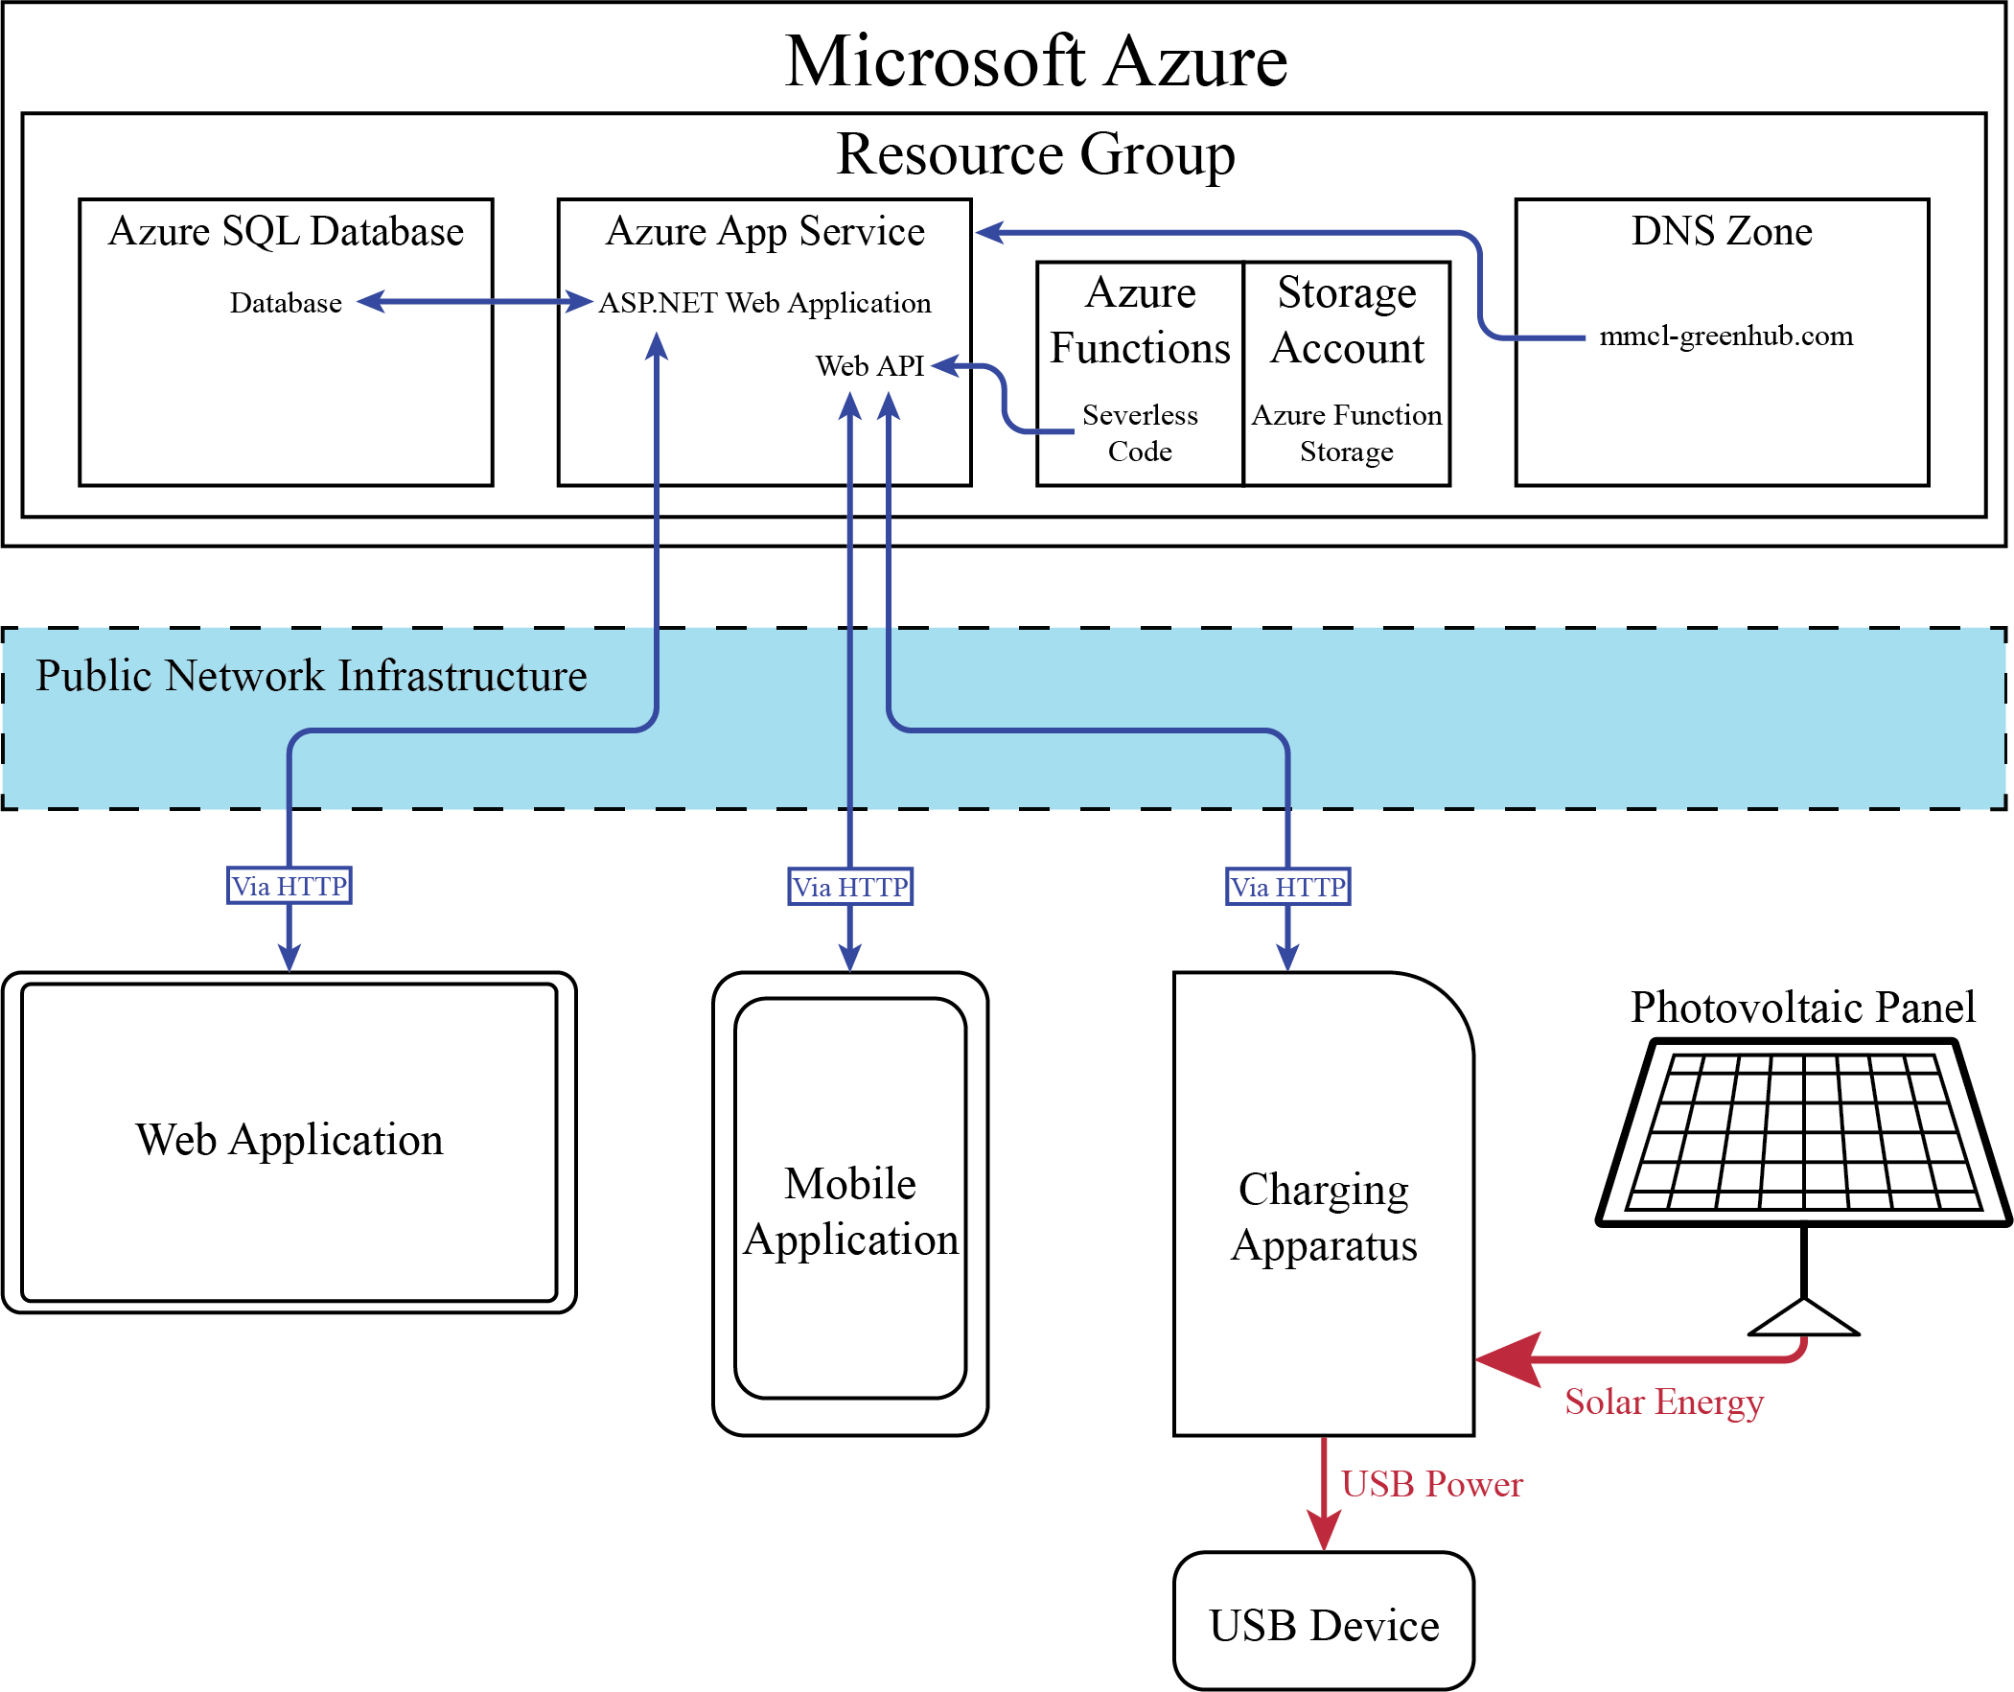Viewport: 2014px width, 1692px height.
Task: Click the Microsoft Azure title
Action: [1036, 61]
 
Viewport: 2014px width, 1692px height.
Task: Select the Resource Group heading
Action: [1036, 153]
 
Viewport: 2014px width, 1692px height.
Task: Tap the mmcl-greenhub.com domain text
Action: [1726, 336]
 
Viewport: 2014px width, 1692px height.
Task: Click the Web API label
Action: [868, 365]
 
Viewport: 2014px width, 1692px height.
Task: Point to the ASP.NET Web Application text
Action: [764, 303]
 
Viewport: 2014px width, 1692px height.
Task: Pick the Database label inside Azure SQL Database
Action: [286, 303]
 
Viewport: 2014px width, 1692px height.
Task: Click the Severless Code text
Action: [1140, 432]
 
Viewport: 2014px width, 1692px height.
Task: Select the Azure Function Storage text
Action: [1347, 432]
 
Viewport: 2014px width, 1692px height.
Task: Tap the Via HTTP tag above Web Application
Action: [289, 886]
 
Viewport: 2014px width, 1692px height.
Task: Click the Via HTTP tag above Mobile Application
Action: [849, 887]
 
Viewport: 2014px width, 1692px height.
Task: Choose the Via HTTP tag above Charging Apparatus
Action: [1288, 887]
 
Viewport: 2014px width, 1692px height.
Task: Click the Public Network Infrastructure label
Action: [312, 675]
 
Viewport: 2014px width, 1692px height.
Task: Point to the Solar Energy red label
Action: [1664, 1402]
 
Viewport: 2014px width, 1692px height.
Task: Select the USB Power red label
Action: [1431, 1484]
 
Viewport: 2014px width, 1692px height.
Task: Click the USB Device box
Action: [1324, 1625]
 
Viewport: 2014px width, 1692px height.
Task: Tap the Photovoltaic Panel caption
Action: [1803, 1008]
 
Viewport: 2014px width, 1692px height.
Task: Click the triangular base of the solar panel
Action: [1804, 1319]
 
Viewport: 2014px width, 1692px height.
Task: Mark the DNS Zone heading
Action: [1722, 231]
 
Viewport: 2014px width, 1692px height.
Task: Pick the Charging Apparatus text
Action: [1324, 1217]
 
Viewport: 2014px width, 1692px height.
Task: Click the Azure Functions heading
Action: [1140, 319]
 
